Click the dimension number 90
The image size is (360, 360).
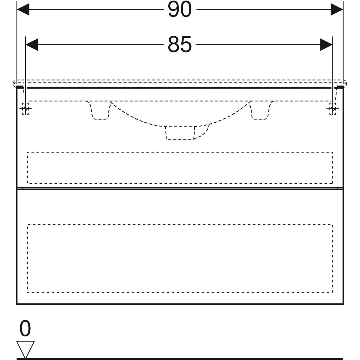(x=179, y=9)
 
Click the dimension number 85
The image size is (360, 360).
(x=179, y=45)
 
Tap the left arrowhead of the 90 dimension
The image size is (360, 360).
(x=23, y=9)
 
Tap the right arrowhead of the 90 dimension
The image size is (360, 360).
(x=337, y=9)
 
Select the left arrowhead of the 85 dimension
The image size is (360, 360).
(x=32, y=45)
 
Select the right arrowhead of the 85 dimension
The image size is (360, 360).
(x=326, y=45)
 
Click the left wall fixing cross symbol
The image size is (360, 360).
(x=25, y=109)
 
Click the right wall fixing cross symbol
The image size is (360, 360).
(x=332, y=109)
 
